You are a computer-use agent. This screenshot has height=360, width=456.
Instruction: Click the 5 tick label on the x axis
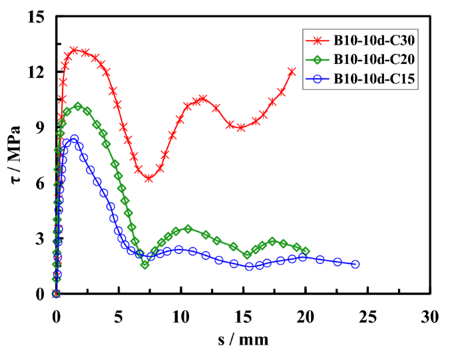pos(118,313)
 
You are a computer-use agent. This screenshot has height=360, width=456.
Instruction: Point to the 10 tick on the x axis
pos(181,313)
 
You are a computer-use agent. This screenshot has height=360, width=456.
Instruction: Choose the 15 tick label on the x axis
pos(244,313)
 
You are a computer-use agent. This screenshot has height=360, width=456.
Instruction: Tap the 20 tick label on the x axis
pos(306,313)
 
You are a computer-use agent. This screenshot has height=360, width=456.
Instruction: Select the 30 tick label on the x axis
pos(430,313)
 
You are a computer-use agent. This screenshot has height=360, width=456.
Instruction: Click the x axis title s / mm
pos(243,339)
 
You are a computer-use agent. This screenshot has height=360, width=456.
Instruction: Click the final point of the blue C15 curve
pos(355,264)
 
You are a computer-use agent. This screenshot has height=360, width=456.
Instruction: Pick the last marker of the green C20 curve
pos(305,251)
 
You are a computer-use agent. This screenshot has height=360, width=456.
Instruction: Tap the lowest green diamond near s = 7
pos(144,265)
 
